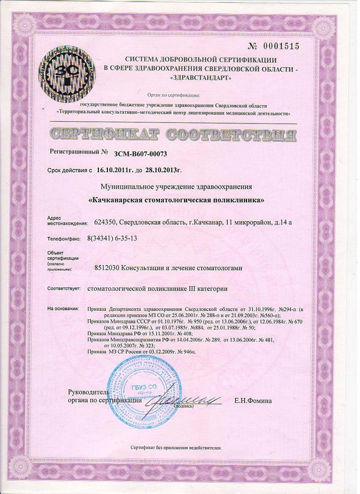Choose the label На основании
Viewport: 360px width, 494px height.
[x=67, y=308]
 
